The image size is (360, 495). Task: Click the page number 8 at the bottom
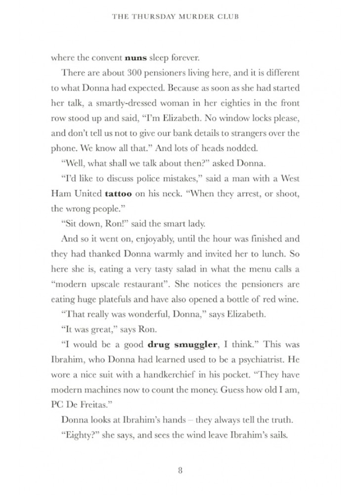click(x=180, y=470)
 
